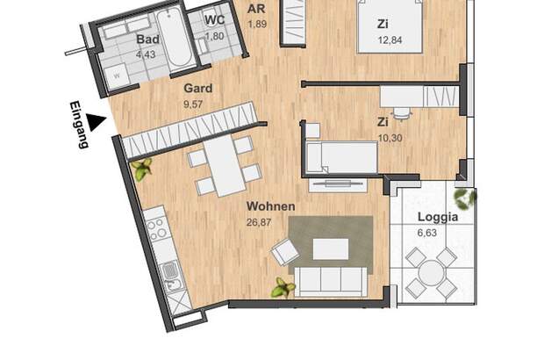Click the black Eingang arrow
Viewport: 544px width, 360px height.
95,122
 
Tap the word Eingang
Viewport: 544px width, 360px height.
79,125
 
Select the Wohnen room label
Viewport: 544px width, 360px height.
270,206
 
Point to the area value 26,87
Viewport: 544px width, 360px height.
259,222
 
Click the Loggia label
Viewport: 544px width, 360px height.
438,218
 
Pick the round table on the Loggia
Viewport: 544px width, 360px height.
430,272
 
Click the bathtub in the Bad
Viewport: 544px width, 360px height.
174,38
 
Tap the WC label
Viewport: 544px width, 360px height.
214,19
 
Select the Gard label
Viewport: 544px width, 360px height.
198,88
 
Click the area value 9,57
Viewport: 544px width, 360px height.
193,104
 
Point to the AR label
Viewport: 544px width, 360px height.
256,9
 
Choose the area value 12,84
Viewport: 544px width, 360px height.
390,40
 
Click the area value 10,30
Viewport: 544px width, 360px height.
390,138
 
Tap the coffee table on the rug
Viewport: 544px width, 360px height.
331,248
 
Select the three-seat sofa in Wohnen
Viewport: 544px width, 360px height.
331,282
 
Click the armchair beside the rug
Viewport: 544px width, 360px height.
285,252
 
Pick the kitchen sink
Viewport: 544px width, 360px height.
170,270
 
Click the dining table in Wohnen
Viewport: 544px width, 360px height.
225,166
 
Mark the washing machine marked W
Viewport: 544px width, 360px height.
117,76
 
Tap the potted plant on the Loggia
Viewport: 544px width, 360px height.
465,199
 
